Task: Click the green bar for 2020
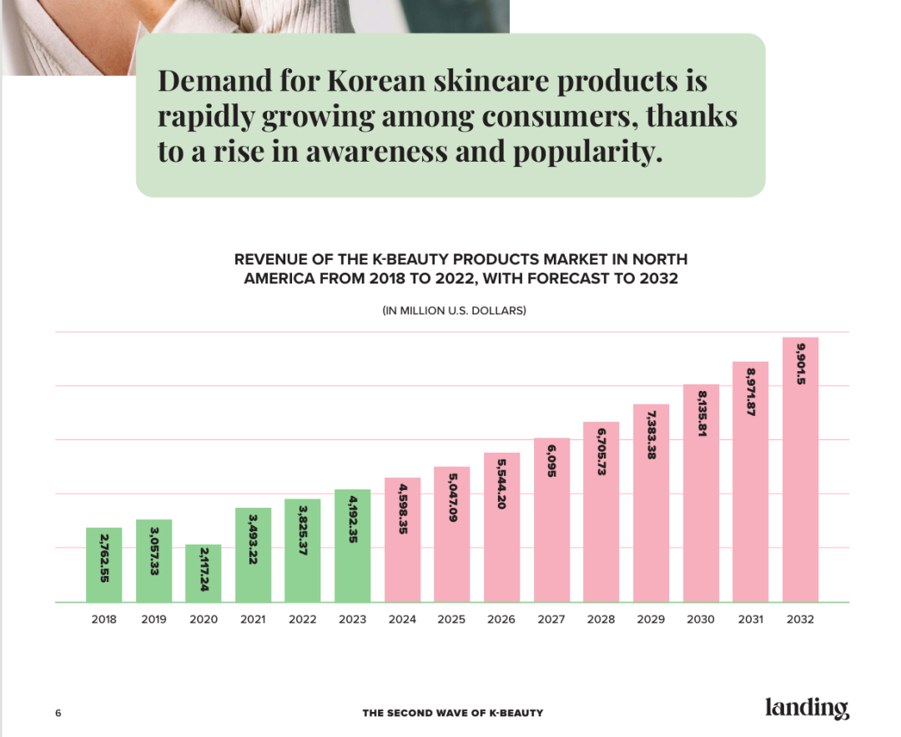point(204,574)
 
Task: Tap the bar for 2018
point(104,564)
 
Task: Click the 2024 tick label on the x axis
point(402,619)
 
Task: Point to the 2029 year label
point(651,619)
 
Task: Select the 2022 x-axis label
point(303,619)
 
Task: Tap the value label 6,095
point(552,462)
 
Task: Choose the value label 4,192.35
point(353,520)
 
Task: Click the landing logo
point(807,709)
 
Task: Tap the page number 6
point(58,713)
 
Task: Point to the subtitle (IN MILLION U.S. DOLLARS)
point(454,311)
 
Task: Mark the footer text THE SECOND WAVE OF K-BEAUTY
point(453,713)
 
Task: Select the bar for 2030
point(701,493)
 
